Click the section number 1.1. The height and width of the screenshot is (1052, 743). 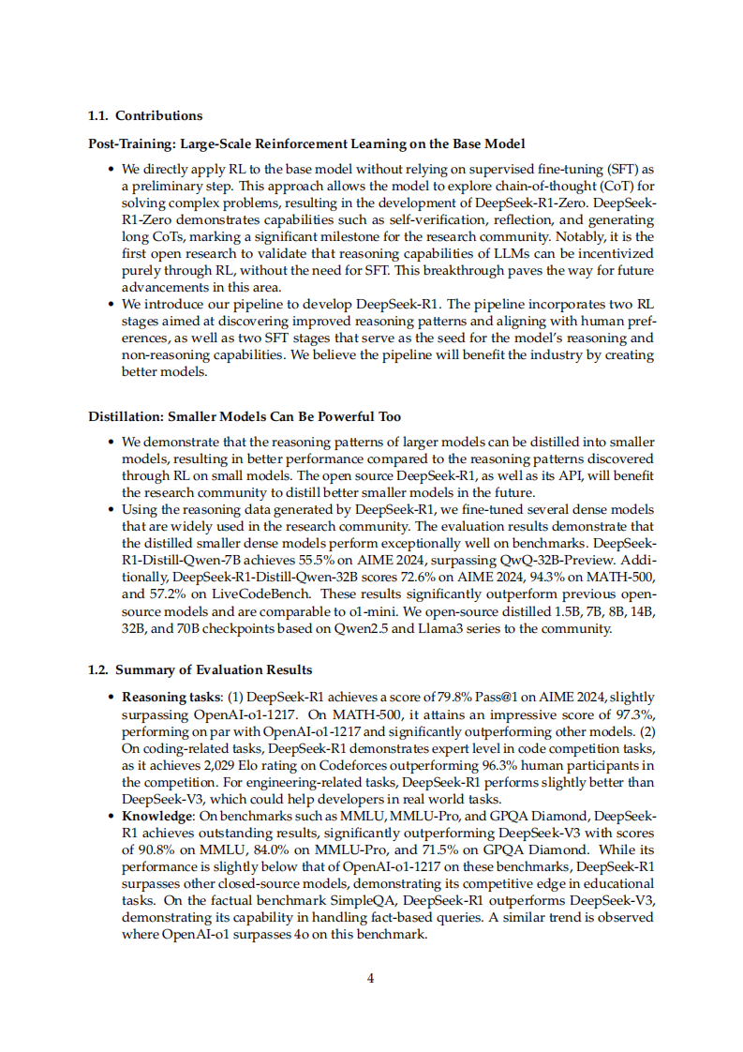click(x=97, y=116)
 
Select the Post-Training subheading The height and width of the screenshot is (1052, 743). click(x=306, y=143)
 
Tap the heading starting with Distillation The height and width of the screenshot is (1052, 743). click(x=244, y=416)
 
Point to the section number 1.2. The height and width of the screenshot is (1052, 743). click(x=97, y=670)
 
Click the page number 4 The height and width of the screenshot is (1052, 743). click(x=371, y=978)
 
